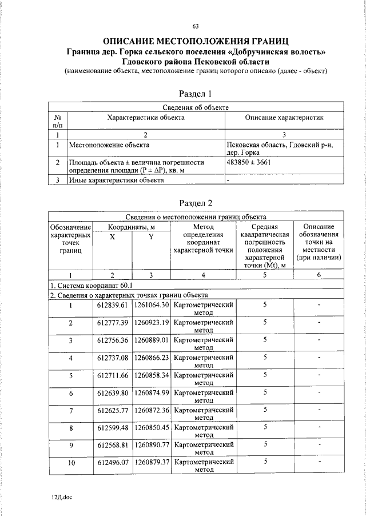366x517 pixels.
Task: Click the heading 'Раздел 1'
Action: point(195,93)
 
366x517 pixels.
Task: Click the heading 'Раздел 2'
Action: point(195,203)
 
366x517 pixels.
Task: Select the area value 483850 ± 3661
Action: point(249,162)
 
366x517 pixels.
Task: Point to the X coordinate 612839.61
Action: point(113,305)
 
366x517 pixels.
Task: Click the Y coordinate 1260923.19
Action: point(152,323)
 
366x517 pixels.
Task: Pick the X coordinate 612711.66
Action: point(113,375)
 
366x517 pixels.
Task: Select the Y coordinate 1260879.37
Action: point(152,463)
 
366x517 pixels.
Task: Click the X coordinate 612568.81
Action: point(113,445)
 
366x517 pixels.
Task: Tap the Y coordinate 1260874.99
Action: point(152,392)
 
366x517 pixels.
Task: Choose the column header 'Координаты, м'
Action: point(132,227)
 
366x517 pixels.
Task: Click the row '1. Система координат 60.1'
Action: point(91,285)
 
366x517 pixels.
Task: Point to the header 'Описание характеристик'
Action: point(284,117)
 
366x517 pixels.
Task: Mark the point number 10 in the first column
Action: point(71,463)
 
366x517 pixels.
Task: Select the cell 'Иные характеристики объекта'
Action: point(116,180)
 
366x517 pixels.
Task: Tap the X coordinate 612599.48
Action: point(113,427)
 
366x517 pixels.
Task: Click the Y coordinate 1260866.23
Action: point(152,358)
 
